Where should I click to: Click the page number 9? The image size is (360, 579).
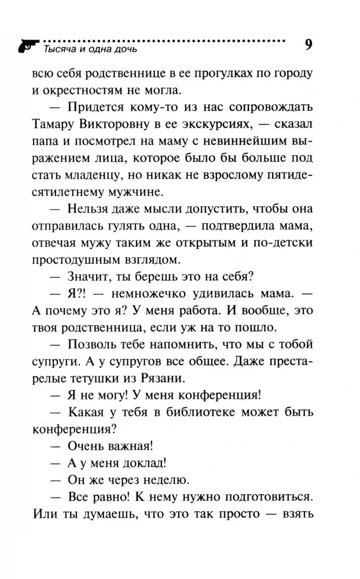point(308,46)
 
